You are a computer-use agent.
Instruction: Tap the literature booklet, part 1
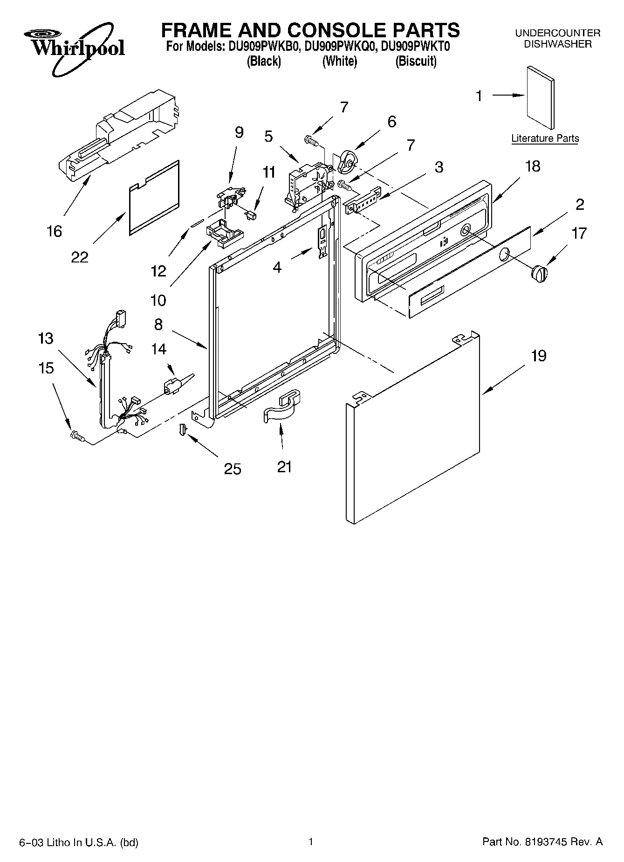click(541, 97)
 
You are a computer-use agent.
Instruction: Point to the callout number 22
click(79, 256)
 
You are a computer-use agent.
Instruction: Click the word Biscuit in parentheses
click(416, 61)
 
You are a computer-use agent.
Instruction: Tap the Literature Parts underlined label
click(545, 138)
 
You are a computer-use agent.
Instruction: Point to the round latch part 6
click(347, 161)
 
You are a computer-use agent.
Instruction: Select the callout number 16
click(54, 231)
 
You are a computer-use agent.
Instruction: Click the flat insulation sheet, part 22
click(154, 198)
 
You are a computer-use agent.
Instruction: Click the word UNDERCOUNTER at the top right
click(557, 33)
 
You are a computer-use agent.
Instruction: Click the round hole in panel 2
click(505, 255)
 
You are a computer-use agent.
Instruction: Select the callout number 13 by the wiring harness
click(46, 338)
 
